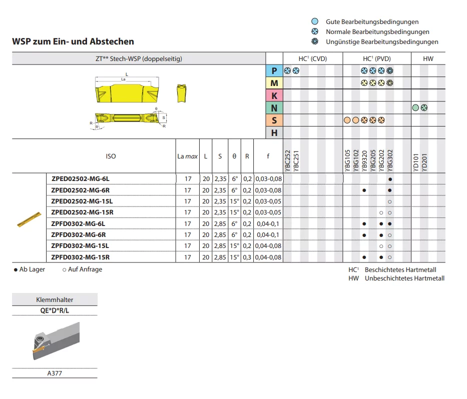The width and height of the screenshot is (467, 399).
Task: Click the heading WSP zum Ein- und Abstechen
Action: click(x=73, y=41)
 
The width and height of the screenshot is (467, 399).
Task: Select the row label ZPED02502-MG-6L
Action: click(x=81, y=179)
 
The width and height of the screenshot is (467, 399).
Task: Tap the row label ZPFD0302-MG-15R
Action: click(x=81, y=257)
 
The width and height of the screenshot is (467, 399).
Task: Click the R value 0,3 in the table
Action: click(x=247, y=257)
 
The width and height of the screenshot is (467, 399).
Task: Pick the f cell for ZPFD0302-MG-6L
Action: click(x=268, y=223)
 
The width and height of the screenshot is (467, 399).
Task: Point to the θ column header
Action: click(x=234, y=156)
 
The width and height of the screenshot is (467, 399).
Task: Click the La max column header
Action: click(x=187, y=156)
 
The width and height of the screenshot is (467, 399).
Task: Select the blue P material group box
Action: click(x=274, y=71)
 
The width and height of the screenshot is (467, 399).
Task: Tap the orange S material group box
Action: click(x=274, y=120)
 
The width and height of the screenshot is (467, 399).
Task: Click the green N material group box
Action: click(x=274, y=107)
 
